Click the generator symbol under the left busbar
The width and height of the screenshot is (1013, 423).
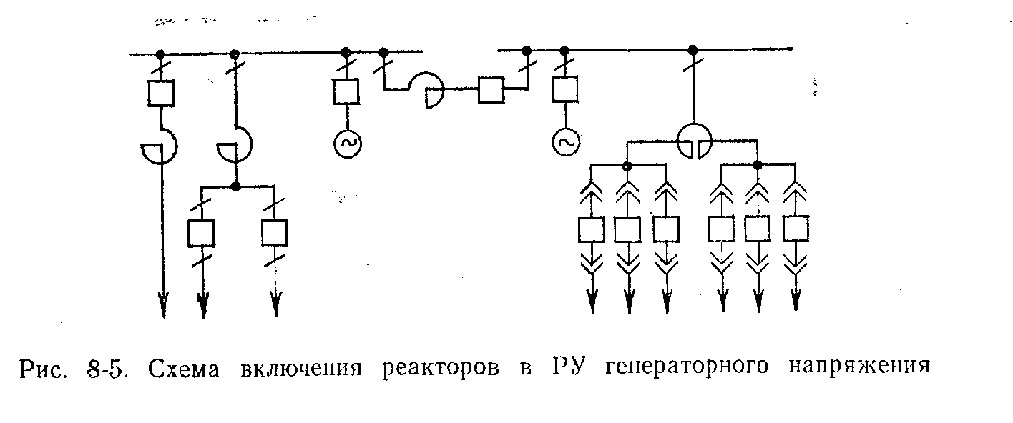(x=347, y=144)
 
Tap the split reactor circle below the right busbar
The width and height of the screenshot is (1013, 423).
(x=693, y=140)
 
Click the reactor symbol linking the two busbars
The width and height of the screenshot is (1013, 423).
(x=429, y=90)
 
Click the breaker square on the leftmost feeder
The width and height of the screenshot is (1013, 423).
(x=160, y=93)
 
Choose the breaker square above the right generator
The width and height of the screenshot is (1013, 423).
(x=564, y=91)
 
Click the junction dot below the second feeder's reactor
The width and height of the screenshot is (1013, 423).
(x=235, y=186)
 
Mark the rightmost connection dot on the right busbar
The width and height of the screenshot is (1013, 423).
(x=693, y=49)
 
